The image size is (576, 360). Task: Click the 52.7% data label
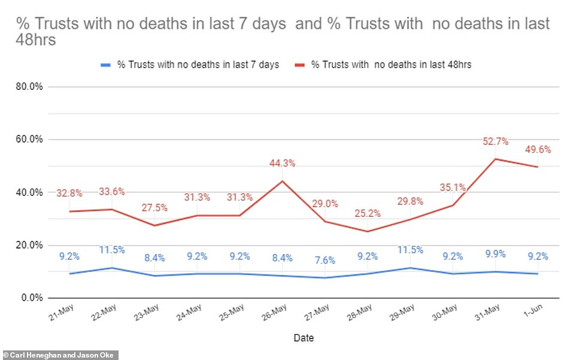495,141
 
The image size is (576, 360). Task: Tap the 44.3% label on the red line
283,163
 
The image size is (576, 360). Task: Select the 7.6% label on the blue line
324,261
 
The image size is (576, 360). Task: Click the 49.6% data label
538,149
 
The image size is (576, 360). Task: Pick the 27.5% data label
154,207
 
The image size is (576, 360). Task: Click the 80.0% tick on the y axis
29,86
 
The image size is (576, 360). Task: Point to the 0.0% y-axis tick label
32,298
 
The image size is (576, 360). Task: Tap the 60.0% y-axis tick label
29,140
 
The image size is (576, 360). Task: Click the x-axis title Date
304,338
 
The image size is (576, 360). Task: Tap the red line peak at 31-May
495,159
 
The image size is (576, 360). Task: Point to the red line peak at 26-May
283,181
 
